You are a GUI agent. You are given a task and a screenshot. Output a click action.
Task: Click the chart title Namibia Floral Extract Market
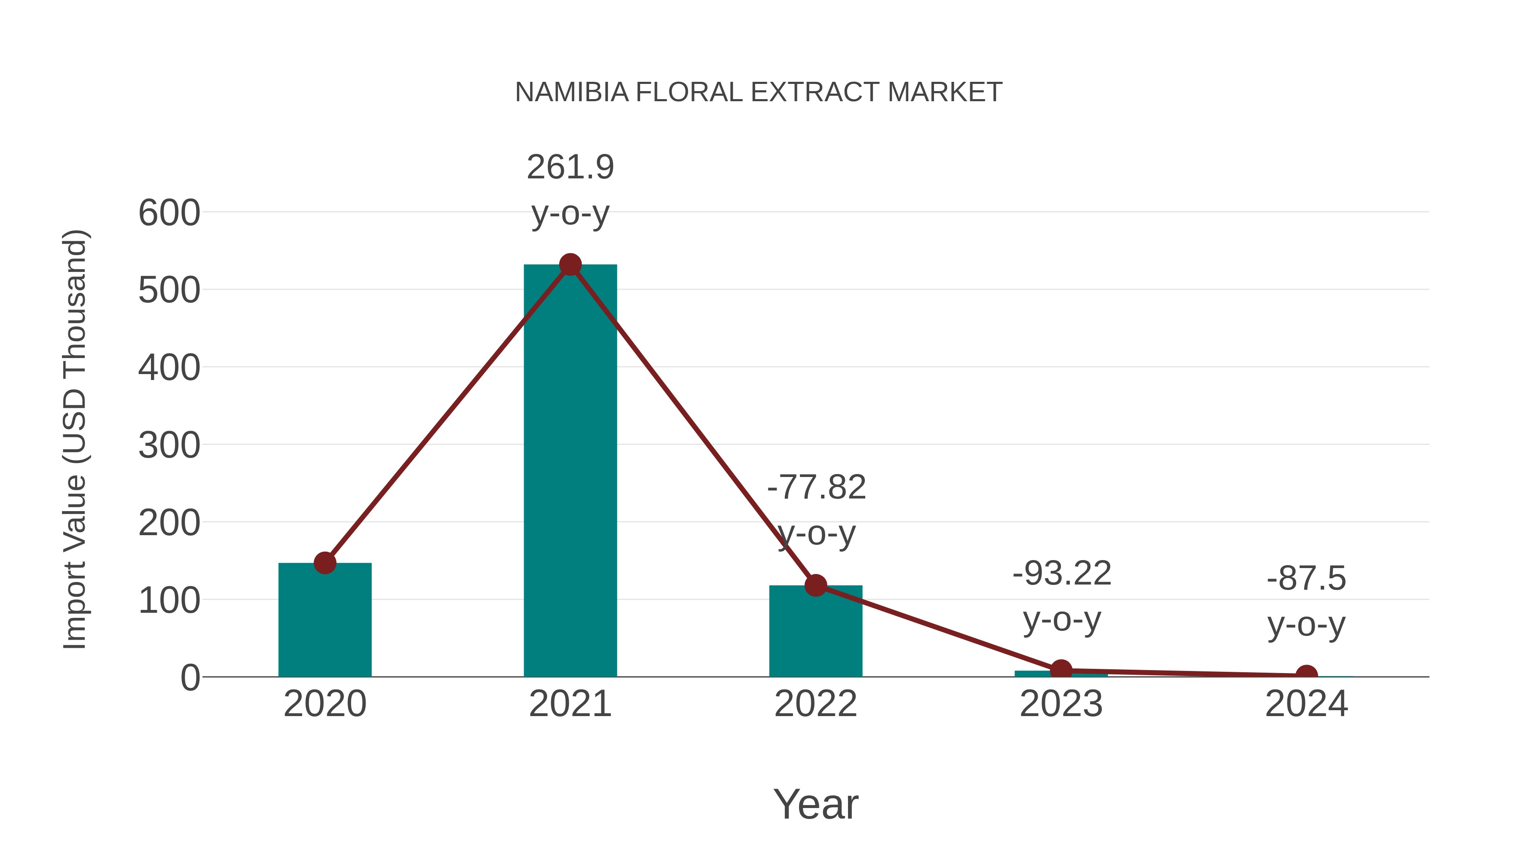pos(759,92)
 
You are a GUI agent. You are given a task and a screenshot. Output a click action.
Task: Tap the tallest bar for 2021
pos(570,471)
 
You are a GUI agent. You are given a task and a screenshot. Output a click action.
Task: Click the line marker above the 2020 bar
pos(325,563)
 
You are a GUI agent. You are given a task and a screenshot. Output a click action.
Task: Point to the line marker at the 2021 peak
pos(570,265)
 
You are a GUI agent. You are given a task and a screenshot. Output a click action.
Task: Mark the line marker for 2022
pos(815,585)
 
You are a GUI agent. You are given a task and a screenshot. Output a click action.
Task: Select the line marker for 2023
pos(1061,670)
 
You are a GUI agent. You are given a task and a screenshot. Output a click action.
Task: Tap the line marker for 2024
pos(1306,676)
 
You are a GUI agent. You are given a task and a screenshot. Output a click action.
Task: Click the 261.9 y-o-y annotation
pos(570,190)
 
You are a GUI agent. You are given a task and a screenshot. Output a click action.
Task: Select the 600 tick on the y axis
pos(169,213)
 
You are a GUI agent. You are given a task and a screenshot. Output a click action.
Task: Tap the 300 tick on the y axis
pos(169,446)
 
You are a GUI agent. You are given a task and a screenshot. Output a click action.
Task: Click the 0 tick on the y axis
pos(190,678)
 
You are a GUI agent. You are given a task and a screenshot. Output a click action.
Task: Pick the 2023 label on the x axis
pos(1061,704)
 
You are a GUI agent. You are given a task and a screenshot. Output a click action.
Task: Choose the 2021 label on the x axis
pos(570,704)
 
